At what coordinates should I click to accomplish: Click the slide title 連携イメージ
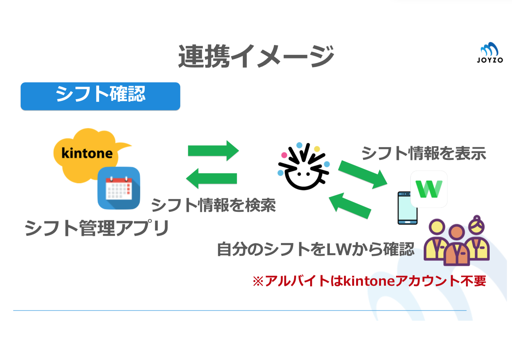256,56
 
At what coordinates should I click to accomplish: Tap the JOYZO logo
490,52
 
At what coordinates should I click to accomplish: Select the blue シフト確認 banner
100,96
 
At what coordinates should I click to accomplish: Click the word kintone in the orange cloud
87,153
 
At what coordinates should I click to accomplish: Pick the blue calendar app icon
118,188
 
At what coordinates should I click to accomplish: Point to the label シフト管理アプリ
97,228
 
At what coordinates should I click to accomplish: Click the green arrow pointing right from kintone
213,151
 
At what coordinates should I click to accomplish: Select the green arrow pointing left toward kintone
211,179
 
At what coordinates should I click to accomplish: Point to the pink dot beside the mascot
284,155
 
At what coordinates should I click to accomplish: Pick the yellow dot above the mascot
317,149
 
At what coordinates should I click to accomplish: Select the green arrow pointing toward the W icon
363,175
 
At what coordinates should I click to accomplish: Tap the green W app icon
429,189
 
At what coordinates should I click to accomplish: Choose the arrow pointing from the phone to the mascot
350,206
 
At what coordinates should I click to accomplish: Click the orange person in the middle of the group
457,246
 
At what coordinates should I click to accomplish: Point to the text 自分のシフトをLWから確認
316,249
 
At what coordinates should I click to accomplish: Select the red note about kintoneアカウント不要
369,281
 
